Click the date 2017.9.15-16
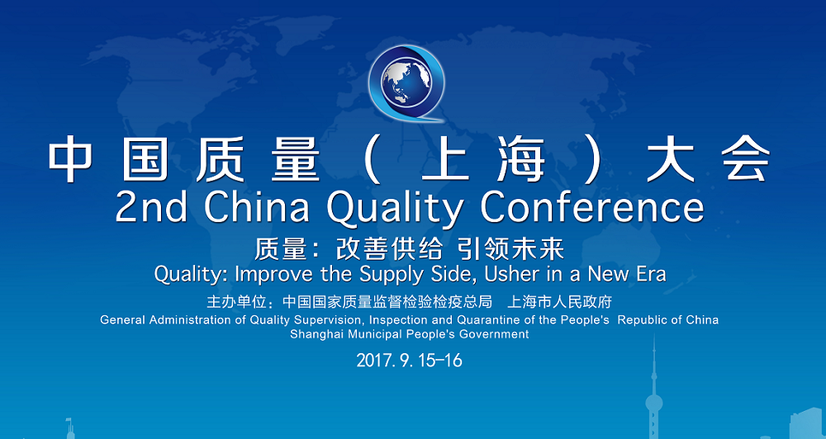pos(410,361)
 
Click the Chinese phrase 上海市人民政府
pos(559,302)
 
